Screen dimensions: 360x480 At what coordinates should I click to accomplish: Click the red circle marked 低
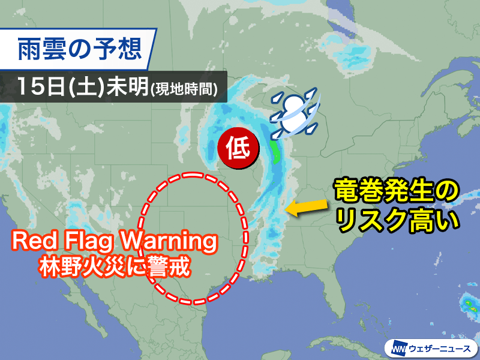pyautogui.click(x=238, y=145)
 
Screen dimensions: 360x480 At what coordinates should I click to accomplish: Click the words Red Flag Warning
pyautogui.click(x=114, y=242)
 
